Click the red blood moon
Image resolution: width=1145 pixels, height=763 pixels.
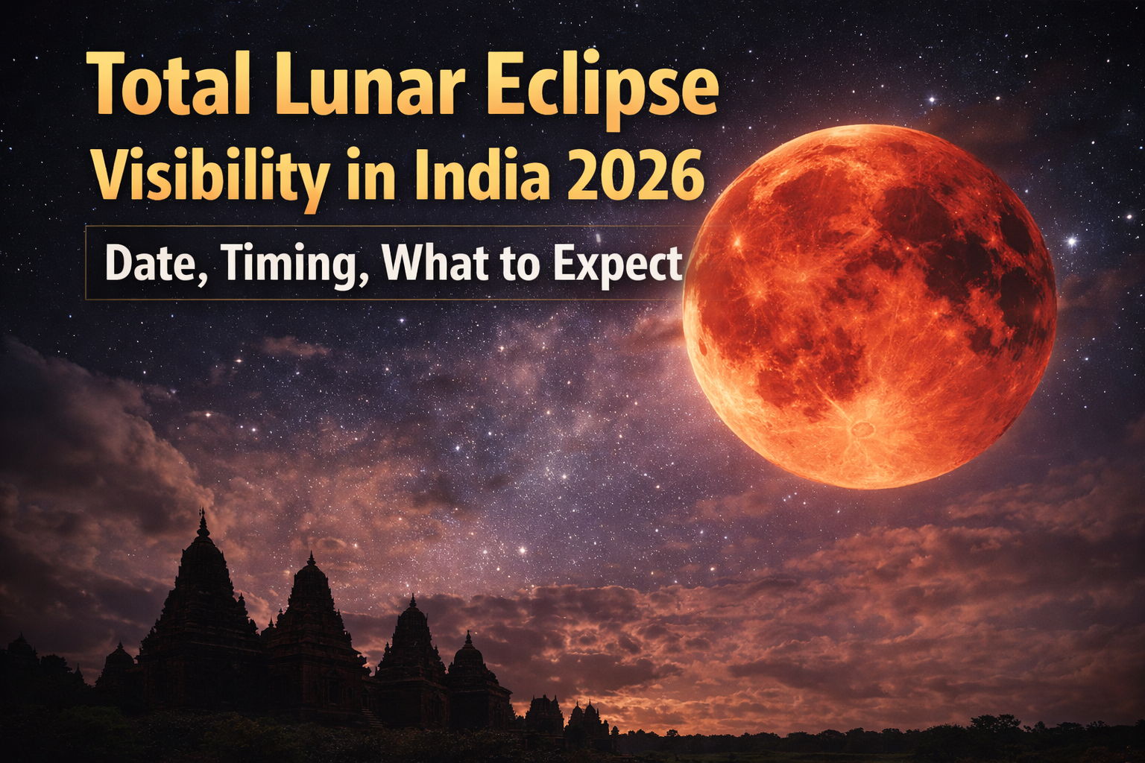tap(869, 307)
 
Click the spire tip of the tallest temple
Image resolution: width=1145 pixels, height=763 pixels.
tap(203, 511)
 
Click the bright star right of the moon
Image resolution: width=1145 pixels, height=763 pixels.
tap(1072, 241)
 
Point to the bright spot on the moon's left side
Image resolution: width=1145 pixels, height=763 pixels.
tap(739, 240)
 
